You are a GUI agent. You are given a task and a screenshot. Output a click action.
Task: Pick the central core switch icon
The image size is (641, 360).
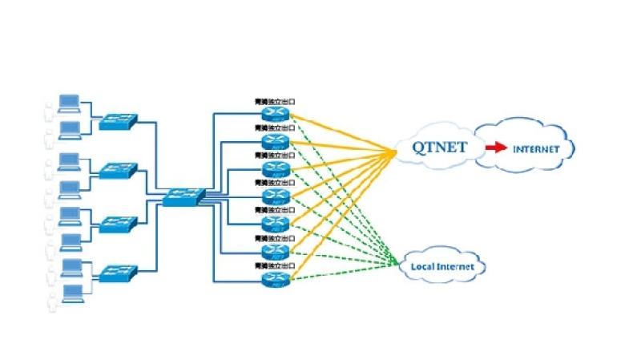pos(183,195)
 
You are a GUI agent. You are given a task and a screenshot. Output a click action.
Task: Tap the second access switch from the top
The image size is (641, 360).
pos(118,171)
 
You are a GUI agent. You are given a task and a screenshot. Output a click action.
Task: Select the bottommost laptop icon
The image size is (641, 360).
pos(70,291)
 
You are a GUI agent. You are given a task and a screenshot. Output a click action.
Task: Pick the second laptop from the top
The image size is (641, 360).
pos(70,129)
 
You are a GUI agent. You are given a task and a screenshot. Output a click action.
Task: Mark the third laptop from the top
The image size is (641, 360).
pos(70,160)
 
